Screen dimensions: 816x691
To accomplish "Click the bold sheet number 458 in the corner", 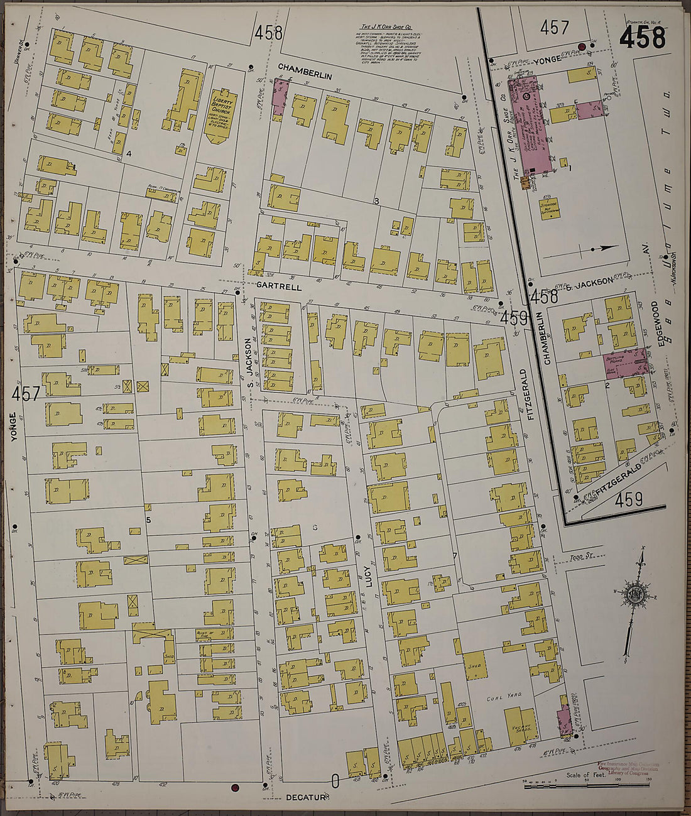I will tap(642, 38).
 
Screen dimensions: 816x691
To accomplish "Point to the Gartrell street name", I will tap(280, 286).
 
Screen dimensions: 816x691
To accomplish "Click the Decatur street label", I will tap(307, 797).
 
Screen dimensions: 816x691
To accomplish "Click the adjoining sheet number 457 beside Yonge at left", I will tap(26, 394).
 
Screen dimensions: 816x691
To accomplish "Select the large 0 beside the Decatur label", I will tap(335, 781).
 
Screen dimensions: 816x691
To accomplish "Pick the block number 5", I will tap(148, 520).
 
